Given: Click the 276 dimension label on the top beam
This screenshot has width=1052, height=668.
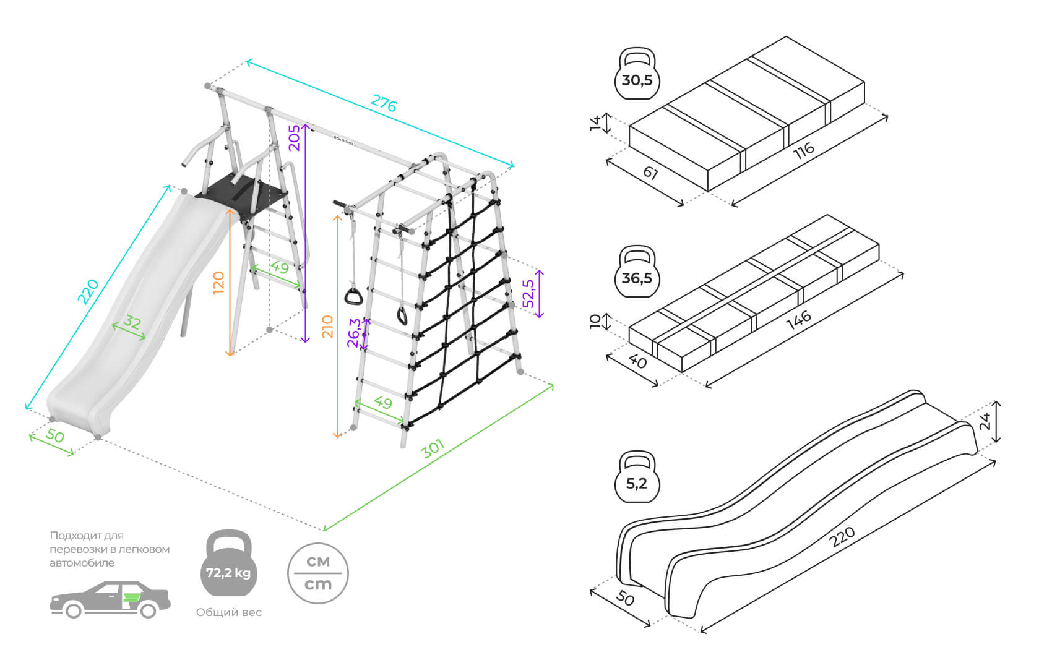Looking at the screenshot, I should [384, 103].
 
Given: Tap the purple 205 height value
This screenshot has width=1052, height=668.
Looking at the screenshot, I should [295, 137].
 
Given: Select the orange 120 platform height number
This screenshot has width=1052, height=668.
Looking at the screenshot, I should [218, 283].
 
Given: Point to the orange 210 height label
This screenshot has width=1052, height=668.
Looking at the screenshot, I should [327, 327].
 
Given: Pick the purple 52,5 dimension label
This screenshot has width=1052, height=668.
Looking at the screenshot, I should [528, 294].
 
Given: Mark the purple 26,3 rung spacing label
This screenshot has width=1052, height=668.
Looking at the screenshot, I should [354, 333].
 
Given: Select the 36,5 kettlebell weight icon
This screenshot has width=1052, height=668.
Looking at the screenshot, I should [637, 273].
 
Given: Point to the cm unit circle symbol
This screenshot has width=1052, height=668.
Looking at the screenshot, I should [318, 573].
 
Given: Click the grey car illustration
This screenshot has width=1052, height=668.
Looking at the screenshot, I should [110, 599].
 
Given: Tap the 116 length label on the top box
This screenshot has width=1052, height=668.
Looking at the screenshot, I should [804, 150].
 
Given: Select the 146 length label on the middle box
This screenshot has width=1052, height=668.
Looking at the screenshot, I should [798, 320].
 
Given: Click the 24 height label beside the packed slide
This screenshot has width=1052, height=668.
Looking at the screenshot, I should [986, 421].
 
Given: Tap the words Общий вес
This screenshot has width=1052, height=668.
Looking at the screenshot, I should [229, 612].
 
